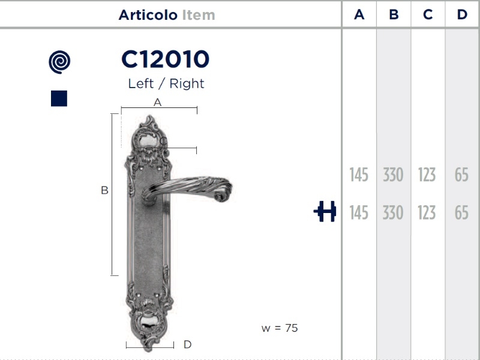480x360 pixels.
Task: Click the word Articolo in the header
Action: click(148, 14)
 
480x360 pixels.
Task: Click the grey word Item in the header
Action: click(199, 14)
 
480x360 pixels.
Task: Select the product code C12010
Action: click(166, 59)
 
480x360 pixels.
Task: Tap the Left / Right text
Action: click(166, 83)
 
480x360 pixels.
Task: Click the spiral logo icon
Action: click(59, 62)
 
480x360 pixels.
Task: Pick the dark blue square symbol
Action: click(59, 98)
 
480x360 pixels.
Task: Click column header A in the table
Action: click(359, 14)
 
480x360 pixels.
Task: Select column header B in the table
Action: click(394, 14)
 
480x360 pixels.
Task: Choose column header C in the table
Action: click(428, 14)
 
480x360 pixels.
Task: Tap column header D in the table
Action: click(462, 14)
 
